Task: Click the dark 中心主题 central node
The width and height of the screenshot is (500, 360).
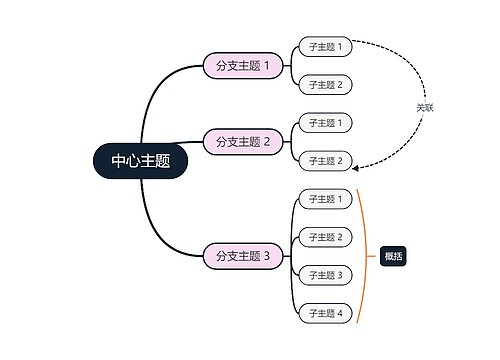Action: coord(140,161)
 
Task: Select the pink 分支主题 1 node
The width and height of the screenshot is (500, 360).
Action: coord(243,66)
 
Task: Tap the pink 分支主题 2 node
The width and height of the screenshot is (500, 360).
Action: coord(243,142)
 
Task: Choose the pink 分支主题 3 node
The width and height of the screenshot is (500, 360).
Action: coord(243,256)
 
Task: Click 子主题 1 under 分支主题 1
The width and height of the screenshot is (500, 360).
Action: coord(325,47)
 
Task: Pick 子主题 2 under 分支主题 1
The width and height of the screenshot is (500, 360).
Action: coord(325,85)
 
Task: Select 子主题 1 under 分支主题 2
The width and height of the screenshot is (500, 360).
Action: coord(325,123)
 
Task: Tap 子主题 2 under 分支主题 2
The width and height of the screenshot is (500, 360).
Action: coord(325,160)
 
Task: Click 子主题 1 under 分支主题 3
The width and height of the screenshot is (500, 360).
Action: coord(325,199)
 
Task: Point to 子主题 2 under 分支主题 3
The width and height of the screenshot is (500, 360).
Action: coord(325,237)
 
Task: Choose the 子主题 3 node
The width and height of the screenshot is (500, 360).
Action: coord(325,275)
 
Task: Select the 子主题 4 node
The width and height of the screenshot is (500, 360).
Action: coord(325,313)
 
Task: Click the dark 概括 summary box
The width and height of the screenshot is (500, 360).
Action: coord(393,256)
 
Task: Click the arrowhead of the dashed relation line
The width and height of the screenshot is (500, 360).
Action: coord(358,166)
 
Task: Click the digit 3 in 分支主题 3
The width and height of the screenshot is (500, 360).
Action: coord(267,256)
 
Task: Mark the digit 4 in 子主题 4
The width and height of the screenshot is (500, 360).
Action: coord(340,313)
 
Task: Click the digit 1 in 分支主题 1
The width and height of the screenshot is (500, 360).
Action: coord(267,66)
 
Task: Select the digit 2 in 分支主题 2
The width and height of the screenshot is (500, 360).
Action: coord(267,142)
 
